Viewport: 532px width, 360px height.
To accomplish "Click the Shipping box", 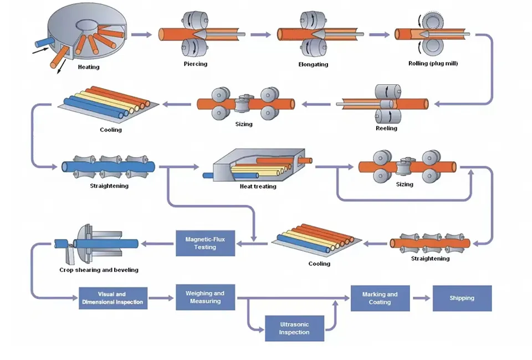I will point(462,298).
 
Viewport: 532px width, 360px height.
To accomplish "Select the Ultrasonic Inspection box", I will point(294,328).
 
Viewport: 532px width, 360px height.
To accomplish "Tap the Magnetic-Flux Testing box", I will point(205,243).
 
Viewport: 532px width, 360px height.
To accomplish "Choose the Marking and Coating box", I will point(380,298).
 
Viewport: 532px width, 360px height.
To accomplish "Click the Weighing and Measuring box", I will point(205,297).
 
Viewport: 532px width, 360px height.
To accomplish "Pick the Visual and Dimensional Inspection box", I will point(113,299).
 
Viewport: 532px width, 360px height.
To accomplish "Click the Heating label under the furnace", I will point(89,67).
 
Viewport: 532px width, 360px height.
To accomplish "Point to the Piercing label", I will point(196,64).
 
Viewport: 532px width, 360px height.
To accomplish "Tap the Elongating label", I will point(313,64).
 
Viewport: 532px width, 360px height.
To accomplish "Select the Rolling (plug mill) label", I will point(433,63).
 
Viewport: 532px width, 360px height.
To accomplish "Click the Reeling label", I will point(386,128).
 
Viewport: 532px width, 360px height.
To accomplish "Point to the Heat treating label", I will point(258,187).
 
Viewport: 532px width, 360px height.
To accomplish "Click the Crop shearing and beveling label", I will point(99,270).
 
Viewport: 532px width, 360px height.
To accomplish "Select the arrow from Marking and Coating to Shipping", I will point(422,298).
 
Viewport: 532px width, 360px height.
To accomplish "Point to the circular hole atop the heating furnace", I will point(87,24).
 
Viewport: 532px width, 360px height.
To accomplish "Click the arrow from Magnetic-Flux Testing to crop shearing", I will point(158,243).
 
